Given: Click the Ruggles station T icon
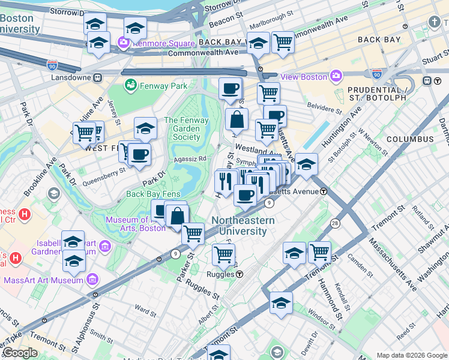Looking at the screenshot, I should [x=240, y=274].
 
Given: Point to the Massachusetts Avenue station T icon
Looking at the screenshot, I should [x=324, y=191].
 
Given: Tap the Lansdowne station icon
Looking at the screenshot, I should [x=97, y=77].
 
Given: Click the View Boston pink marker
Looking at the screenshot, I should [x=335, y=76].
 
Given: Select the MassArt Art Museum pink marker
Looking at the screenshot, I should [x=92, y=280].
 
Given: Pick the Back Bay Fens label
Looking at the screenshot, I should [x=153, y=194].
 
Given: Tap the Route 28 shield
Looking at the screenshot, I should [x=334, y=223].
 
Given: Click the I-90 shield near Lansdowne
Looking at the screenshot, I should [x=52, y=64].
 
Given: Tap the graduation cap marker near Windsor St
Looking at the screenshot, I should [x=280, y=302].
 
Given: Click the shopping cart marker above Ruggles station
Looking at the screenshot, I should [x=223, y=254].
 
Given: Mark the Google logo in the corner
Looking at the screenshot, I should [x=20, y=353].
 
